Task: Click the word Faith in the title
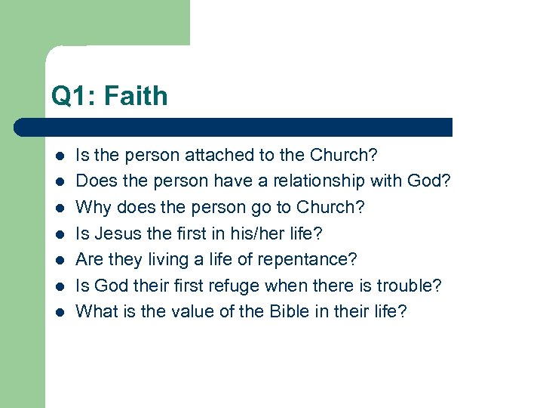pos(136,96)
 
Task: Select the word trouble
pos(413,286)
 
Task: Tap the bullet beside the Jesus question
pos(58,234)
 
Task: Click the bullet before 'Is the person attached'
pos(58,156)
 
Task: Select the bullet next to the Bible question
pos(58,312)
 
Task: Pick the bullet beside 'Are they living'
pos(58,260)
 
